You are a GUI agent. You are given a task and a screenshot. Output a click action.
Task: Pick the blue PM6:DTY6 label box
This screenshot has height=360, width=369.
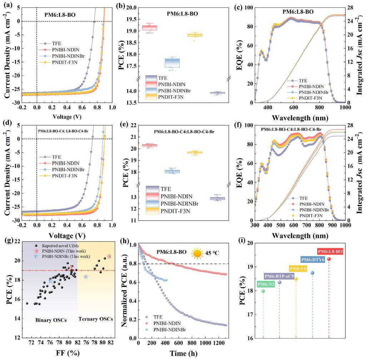[x=313, y=260]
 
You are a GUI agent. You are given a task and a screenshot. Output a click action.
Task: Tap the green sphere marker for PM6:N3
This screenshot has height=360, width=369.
[x=263, y=291]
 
